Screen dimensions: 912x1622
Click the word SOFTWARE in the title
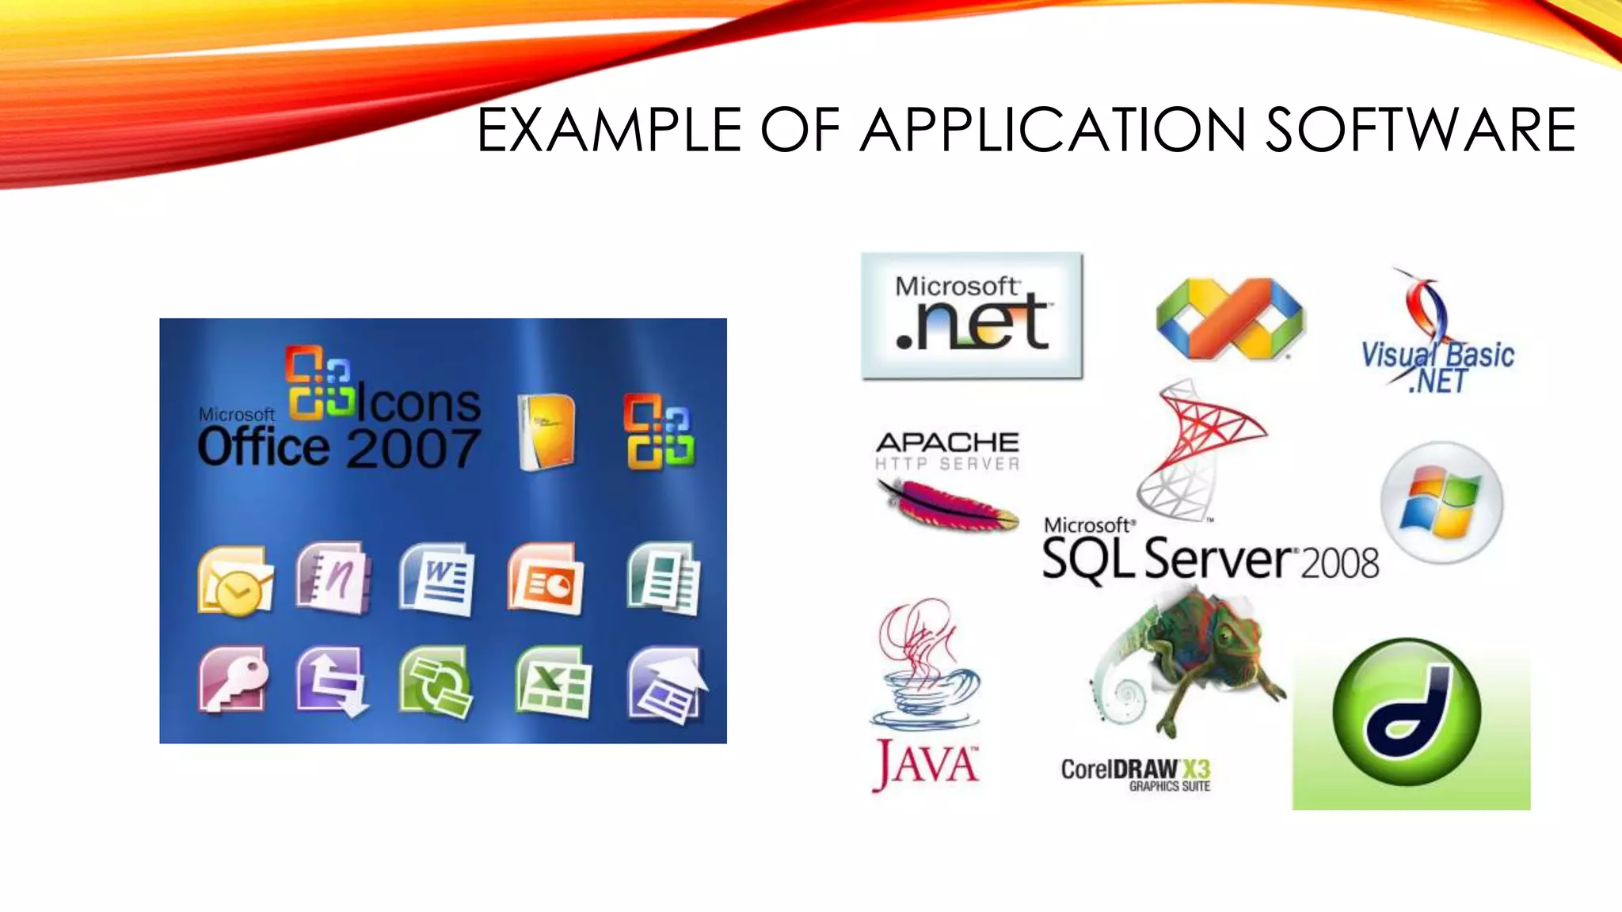(x=1420, y=131)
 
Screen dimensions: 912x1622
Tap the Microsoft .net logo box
(x=972, y=316)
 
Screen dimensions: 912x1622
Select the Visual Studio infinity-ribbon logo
(x=1230, y=317)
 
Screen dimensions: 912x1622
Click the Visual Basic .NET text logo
(x=1437, y=367)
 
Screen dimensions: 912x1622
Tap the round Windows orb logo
(x=1441, y=503)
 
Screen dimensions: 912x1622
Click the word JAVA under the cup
(x=926, y=764)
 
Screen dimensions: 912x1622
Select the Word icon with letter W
(x=437, y=580)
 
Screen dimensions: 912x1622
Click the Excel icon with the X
(x=553, y=683)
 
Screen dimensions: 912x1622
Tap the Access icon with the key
(x=233, y=680)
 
